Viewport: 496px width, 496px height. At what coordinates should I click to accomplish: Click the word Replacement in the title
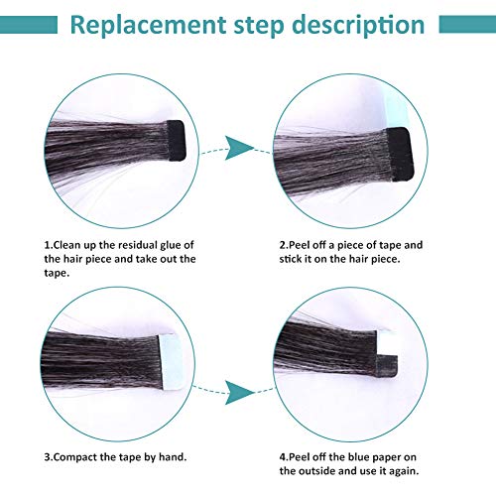point(148,25)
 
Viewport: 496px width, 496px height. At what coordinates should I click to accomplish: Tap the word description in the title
point(358,26)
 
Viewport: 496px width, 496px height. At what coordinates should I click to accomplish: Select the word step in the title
point(259,27)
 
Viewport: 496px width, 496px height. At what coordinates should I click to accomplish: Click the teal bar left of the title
point(29,25)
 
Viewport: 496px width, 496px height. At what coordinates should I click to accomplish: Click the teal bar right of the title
point(467,24)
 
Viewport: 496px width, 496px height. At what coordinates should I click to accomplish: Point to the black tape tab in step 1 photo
point(176,140)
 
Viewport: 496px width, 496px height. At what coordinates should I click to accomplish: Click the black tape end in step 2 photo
point(400,154)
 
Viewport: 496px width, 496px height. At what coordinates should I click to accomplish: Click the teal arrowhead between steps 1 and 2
point(238,148)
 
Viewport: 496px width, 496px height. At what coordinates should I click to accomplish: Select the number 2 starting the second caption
point(282,245)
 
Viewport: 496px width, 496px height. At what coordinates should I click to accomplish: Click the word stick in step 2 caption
point(291,259)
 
